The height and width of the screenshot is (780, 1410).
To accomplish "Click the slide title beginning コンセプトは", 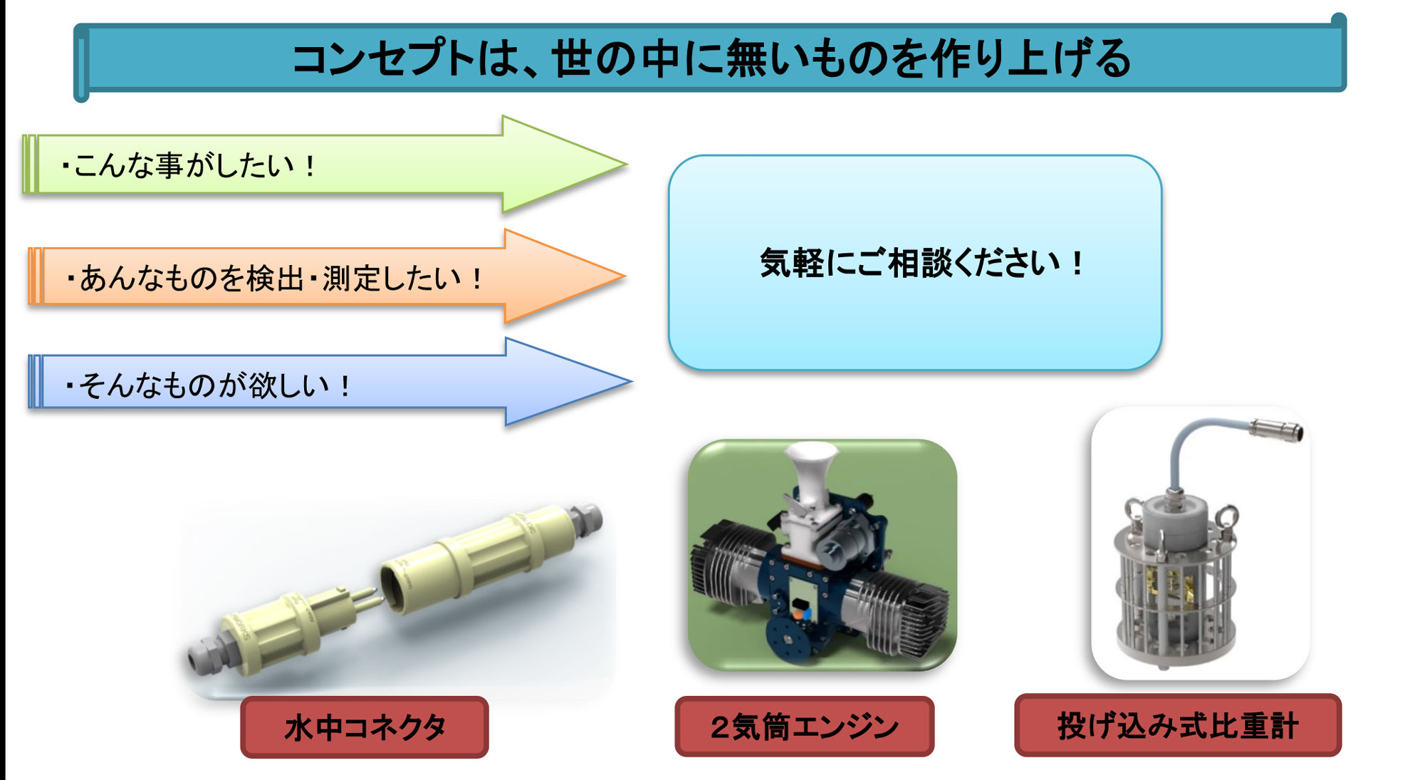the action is [711, 58].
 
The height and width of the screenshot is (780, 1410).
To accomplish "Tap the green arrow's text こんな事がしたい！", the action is [188, 166].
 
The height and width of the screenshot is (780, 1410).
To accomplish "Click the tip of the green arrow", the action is [627, 165].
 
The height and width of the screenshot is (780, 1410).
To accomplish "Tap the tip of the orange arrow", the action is [625, 276].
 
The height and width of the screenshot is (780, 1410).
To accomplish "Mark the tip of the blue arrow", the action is [632, 382].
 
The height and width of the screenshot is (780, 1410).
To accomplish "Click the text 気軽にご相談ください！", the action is [921, 263].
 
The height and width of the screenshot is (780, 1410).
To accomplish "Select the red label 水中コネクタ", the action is [365, 727].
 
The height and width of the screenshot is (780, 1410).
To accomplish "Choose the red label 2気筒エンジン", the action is [805, 727].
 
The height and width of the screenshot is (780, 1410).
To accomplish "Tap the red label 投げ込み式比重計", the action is [1178, 725].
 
